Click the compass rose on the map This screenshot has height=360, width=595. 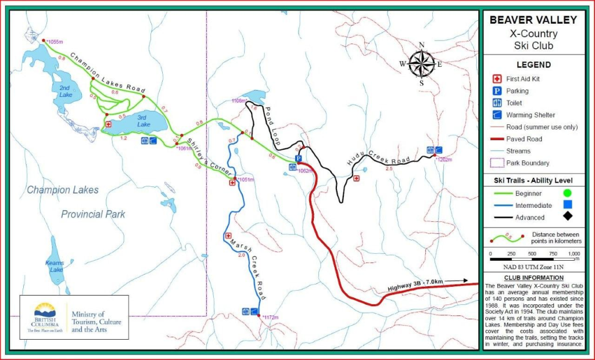pyautogui.click(x=422, y=63)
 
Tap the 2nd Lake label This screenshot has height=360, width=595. pyautogui.click(x=66, y=91)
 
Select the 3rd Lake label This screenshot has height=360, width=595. pyautogui.click(x=144, y=121)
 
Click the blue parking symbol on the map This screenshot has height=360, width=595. pyautogui.click(x=298, y=158)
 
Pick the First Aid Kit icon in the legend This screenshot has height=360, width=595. pyautogui.click(x=497, y=79)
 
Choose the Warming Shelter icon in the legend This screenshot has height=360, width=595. pyautogui.click(x=497, y=115)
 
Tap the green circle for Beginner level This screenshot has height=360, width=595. pyautogui.click(x=567, y=193)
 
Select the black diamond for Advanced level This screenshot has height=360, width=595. pyautogui.click(x=567, y=217)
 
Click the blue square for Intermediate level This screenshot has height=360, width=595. pyautogui.click(x=567, y=205)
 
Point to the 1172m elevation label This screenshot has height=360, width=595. pyautogui.click(x=271, y=318)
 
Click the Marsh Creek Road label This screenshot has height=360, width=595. pyautogui.click(x=247, y=261)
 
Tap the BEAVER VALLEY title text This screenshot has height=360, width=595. pyautogui.click(x=533, y=20)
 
